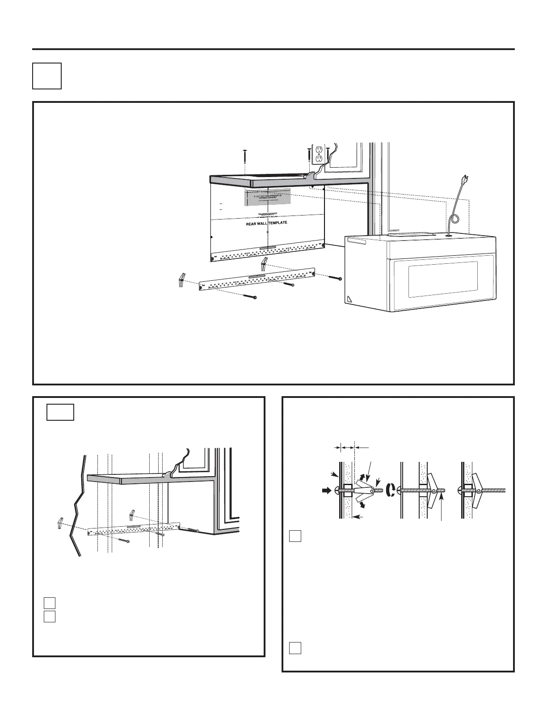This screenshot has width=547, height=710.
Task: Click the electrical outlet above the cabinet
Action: tap(320, 154)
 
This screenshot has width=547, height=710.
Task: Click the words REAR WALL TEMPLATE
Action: tap(266, 223)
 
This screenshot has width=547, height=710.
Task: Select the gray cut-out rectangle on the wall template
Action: tap(267, 197)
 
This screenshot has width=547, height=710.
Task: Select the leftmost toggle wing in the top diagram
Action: tap(181, 280)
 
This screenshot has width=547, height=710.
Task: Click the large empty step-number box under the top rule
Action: tap(47, 76)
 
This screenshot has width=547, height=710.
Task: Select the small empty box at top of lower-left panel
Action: tap(60, 412)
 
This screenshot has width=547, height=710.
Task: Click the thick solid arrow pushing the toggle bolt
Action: tap(327, 490)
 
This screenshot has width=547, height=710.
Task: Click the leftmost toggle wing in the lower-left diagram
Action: tap(60, 523)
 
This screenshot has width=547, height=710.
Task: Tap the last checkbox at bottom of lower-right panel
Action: tap(295, 647)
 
